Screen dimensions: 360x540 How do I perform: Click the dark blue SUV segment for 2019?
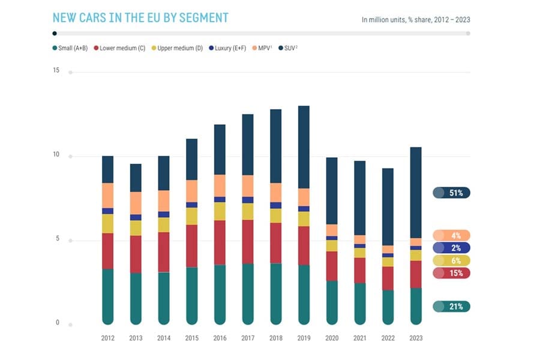coord(304,147)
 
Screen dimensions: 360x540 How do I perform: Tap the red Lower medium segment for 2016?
coord(220,242)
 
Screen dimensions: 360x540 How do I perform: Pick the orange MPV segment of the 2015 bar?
coord(191,191)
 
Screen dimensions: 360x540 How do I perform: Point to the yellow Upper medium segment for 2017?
coord(248,211)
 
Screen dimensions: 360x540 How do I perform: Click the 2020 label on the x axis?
coord(332,338)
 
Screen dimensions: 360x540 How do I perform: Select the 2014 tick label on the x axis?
coord(164,338)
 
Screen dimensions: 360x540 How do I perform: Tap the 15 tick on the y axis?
coord(56,71)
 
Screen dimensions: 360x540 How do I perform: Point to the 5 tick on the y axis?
coord(58,239)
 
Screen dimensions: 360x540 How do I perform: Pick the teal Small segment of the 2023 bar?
coord(416,306)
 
